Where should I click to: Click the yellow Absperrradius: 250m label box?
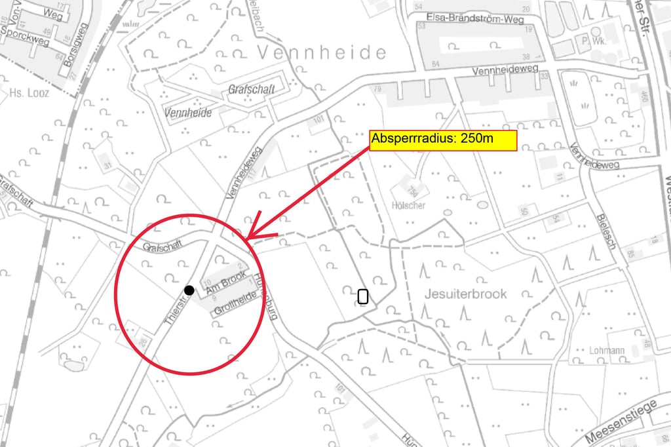(444, 140)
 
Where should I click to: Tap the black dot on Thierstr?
(189, 290)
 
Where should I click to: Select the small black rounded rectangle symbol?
(363, 296)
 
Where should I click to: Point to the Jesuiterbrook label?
(465, 294)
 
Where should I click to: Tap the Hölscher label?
(408, 205)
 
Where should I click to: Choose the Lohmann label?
(606, 351)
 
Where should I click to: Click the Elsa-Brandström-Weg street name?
(476, 19)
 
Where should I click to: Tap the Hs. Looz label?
(29, 93)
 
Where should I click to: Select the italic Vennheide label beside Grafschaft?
(188, 112)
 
